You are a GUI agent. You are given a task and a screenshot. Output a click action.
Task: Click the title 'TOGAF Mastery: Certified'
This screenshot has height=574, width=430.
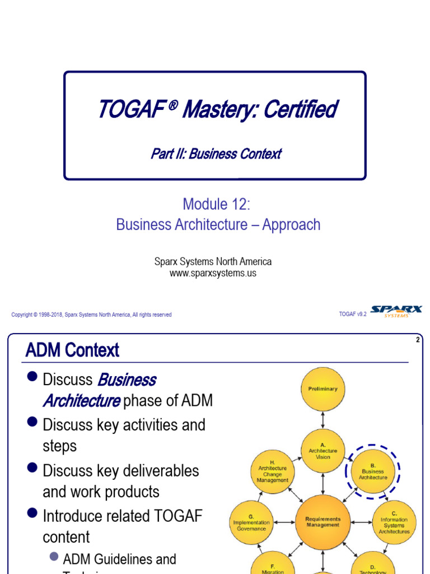tap(217, 109)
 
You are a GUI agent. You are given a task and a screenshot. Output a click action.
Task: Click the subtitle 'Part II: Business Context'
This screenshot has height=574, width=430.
tap(216, 154)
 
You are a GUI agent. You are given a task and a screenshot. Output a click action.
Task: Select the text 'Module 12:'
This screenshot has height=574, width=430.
tap(216, 205)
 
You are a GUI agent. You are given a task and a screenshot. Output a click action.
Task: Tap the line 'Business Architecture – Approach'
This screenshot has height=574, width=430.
tap(218, 225)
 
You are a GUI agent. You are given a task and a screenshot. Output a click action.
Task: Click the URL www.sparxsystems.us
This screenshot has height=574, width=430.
tap(213, 273)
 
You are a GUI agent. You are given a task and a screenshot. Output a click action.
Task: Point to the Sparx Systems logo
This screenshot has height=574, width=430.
tap(396, 312)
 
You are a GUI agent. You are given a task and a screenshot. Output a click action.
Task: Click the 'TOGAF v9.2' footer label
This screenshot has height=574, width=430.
tap(353, 314)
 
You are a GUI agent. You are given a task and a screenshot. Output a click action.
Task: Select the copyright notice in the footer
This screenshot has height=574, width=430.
tap(91, 315)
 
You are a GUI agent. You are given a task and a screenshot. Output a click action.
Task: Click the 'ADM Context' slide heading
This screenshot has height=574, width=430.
tap(72, 350)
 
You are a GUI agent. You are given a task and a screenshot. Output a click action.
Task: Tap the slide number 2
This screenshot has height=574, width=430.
tap(418, 340)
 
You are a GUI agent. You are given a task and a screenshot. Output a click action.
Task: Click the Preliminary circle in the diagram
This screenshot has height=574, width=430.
tap(323, 389)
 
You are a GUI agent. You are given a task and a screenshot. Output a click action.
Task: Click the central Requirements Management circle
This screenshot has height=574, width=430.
tap(323, 522)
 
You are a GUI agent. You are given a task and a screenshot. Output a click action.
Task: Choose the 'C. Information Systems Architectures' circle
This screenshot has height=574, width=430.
tap(394, 522)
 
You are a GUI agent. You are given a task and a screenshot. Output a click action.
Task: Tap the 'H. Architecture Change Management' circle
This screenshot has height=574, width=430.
tap(273, 473)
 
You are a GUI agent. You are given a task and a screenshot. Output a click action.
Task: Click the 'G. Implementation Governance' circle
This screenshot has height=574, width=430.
tap(251, 522)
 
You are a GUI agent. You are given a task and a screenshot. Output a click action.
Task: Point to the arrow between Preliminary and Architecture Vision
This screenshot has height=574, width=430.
tap(323, 420)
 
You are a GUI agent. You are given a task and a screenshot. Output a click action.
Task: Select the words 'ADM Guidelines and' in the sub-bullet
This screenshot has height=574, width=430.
tap(119, 559)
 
